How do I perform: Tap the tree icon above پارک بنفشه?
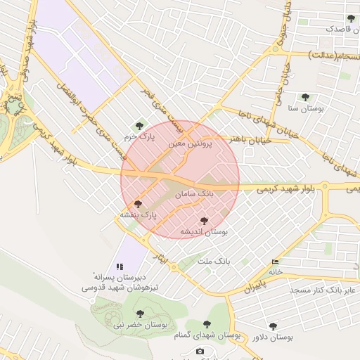coord(137,203)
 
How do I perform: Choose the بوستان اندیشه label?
coord(205,231)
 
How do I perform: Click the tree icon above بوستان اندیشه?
coord(205,221)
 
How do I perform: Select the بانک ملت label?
coord(214,261)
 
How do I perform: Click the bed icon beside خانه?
coord(275,262)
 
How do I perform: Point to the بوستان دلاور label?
coord(273,337)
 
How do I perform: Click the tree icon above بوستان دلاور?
coord(273,326)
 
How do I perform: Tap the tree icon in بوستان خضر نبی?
coord(140,313)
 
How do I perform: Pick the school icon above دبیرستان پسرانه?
coord(120,266)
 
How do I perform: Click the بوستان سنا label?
coord(304,108)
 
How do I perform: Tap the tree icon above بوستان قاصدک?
coord(351,18)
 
